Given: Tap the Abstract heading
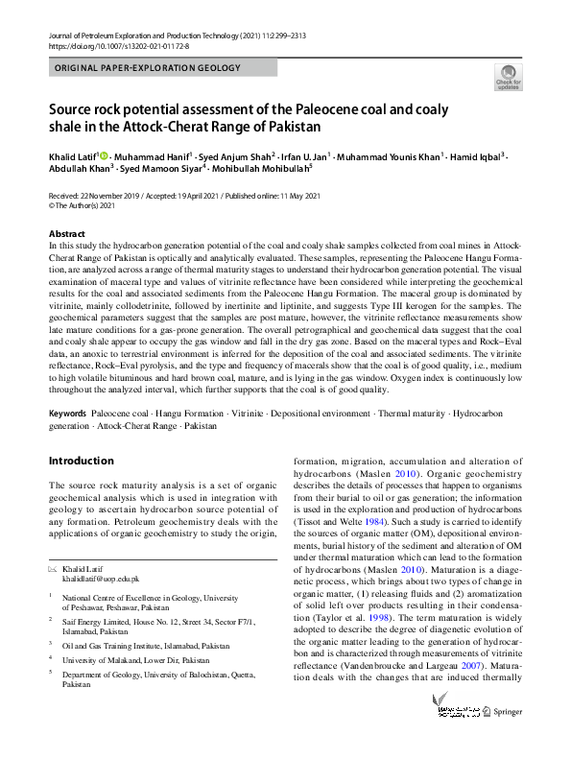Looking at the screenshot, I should coord(68,234).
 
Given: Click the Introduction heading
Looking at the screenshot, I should coord(82,461).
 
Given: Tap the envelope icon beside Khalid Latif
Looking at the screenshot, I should coord(53,568).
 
